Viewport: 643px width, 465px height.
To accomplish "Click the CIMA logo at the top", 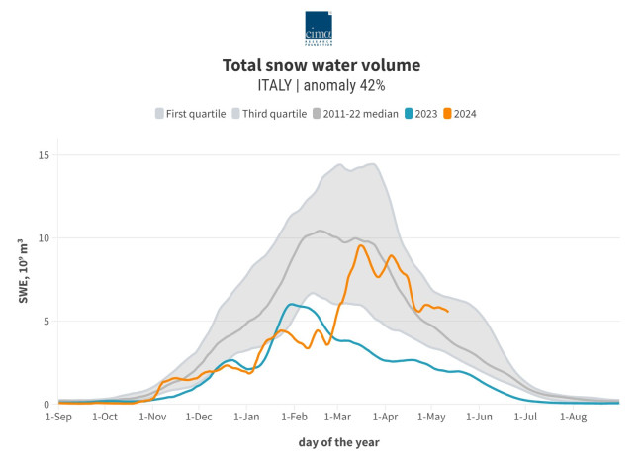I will [x=319, y=27].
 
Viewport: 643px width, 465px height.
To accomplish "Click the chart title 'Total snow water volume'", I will [x=321, y=66].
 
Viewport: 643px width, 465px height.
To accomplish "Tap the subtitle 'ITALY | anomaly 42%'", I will [x=321, y=85].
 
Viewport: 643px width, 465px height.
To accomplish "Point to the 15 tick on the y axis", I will [x=44, y=155].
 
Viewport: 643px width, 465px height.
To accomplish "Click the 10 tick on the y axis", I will [x=44, y=238].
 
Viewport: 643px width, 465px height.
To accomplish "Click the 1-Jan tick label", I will [x=246, y=418].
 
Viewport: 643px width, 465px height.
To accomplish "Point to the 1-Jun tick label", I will [x=479, y=418].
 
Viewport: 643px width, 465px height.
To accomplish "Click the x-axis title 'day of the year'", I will [x=338, y=442].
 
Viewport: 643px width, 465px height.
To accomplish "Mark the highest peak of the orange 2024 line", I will [x=360, y=245].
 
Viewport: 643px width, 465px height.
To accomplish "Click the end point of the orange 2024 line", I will [x=448, y=312].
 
